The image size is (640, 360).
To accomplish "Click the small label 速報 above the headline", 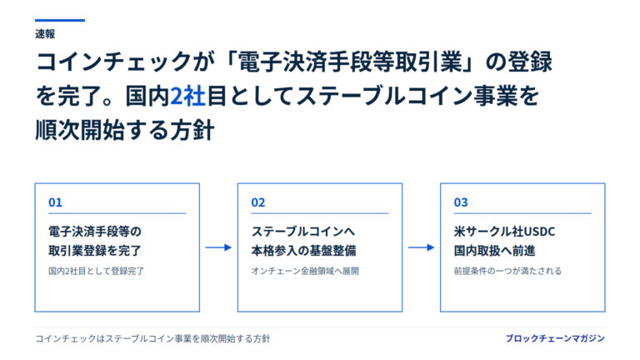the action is pyautogui.click(x=45, y=34).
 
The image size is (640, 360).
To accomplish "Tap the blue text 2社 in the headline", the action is pyautogui.click(x=187, y=97).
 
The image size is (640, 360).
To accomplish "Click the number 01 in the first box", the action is pyautogui.click(x=55, y=202).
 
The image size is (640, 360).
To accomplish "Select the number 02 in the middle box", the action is pyautogui.click(x=258, y=202).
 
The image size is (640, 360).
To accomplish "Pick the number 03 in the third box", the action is pyautogui.click(x=461, y=202).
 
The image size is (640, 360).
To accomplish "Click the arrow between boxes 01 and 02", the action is pyautogui.click(x=218, y=247).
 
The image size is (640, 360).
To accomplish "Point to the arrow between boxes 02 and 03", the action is pyautogui.click(x=421, y=247).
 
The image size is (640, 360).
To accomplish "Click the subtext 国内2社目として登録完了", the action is pyautogui.click(x=97, y=271).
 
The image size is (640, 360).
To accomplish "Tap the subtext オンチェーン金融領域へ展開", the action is pyautogui.click(x=305, y=271).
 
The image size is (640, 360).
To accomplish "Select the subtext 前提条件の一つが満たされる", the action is pyautogui.click(x=507, y=271).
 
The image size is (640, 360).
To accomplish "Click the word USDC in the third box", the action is pyautogui.click(x=539, y=232).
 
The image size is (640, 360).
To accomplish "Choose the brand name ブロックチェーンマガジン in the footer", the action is pyautogui.click(x=555, y=338).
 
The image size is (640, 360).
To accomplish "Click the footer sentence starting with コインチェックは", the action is pyautogui.click(x=152, y=339).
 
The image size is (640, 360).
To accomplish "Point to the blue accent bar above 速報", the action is pyautogui.click(x=60, y=20).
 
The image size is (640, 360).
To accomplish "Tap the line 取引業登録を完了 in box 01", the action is pyautogui.click(x=95, y=251).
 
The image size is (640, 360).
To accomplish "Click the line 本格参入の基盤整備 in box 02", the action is pyautogui.click(x=303, y=251).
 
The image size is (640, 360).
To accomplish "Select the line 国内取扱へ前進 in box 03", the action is pyautogui.click(x=494, y=251).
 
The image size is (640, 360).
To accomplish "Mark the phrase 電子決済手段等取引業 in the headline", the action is pyautogui.click(x=350, y=62).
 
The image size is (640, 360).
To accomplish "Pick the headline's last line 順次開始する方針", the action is pyautogui.click(x=125, y=131).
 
